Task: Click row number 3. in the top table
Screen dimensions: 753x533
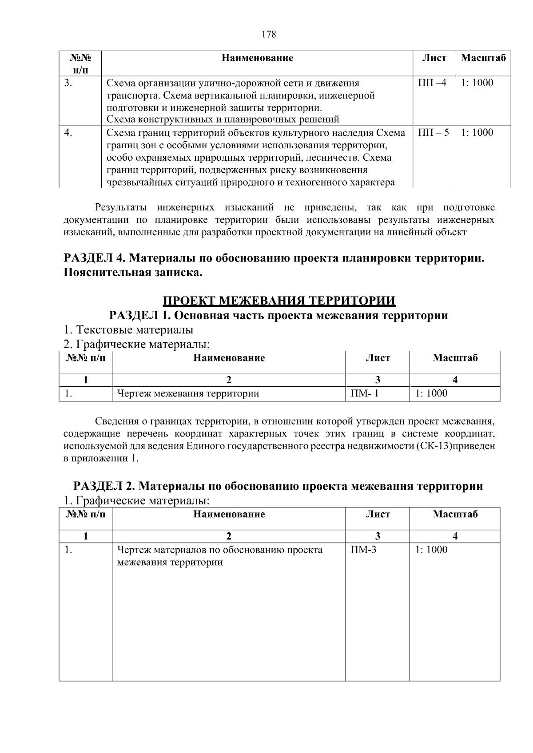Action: [x=68, y=83]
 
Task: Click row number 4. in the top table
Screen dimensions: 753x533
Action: [x=68, y=132]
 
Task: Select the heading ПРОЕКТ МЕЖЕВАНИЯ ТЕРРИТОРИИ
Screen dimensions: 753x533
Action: [x=279, y=301]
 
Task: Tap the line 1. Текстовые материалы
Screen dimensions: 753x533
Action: [x=128, y=330]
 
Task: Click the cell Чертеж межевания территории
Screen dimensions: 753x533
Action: [x=188, y=393]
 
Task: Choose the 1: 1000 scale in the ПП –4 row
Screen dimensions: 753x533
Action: [x=477, y=83]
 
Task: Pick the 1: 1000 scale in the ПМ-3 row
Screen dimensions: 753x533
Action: [x=431, y=550]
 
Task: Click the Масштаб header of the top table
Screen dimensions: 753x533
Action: [x=483, y=58]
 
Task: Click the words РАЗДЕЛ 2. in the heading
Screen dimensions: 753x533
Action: [x=104, y=486]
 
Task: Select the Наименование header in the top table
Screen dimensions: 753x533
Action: [x=258, y=58]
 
